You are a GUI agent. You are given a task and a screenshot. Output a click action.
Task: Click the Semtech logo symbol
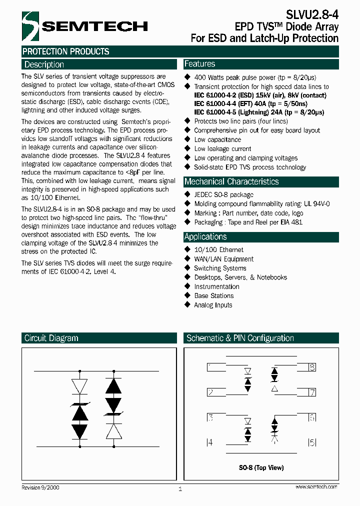(30, 25)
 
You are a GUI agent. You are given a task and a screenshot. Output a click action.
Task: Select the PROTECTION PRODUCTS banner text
(66, 51)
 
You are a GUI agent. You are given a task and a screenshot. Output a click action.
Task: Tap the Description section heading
(44, 64)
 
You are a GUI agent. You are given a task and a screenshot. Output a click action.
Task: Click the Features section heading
(200, 64)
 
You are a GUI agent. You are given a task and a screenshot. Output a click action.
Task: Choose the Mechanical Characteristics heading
(231, 181)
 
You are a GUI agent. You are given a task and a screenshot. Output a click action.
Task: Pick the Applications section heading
(205, 236)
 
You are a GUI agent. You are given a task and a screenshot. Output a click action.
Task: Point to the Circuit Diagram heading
(51, 338)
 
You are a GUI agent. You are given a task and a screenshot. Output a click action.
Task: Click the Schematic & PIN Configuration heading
(240, 338)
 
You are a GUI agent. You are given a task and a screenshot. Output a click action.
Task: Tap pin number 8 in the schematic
(312, 367)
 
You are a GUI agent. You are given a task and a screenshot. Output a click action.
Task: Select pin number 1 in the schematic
(209, 367)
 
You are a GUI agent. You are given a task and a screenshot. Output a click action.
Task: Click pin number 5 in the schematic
(312, 442)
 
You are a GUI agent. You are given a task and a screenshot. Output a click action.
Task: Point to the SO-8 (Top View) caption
(261, 467)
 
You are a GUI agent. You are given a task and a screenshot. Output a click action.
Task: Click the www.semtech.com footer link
(316, 486)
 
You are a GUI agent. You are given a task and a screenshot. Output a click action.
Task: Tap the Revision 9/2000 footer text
(40, 487)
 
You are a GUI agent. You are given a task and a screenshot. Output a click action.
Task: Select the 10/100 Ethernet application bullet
(218, 249)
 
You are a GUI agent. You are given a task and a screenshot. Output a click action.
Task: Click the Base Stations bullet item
(213, 295)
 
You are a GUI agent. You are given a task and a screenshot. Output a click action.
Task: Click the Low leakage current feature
(222, 148)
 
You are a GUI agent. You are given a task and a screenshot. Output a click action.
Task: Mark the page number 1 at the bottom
(180, 489)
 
